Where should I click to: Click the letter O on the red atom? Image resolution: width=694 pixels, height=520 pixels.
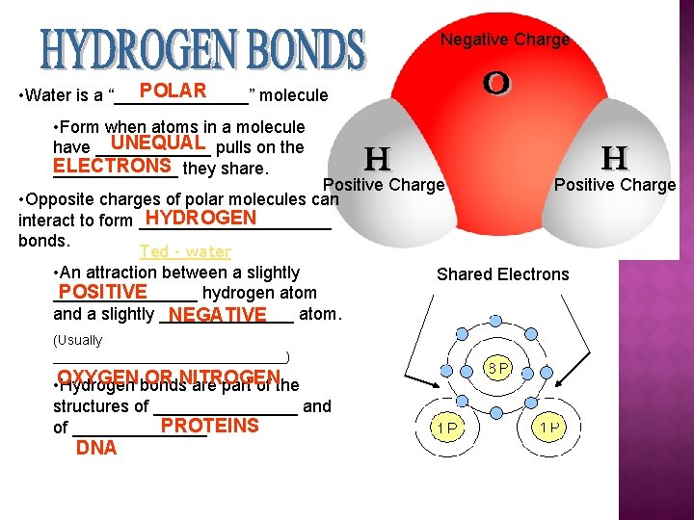pyautogui.click(x=496, y=84)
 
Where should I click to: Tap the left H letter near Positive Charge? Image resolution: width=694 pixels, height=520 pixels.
pyautogui.click(x=377, y=158)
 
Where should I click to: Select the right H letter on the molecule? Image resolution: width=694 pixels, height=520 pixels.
pyautogui.click(x=614, y=157)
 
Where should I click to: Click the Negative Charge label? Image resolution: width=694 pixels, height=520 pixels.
pyautogui.click(x=505, y=40)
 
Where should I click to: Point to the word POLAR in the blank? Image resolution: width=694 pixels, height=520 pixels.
pyautogui.click(x=173, y=91)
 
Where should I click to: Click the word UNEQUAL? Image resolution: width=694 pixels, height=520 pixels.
pyautogui.click(x=157, y=143)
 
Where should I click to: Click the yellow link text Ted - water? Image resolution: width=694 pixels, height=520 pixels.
pyautogui.click(x=185, y=251)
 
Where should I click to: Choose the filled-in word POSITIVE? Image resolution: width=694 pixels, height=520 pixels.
pyautogui.click(x=102, y=292)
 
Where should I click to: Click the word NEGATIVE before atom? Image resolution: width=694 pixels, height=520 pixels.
pyautogui.click(x=216, y=315)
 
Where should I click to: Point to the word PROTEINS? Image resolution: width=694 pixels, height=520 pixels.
pyautogui.click(x=209, y=426)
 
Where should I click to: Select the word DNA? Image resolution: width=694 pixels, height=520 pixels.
pyautogui.click(x=96, y=448)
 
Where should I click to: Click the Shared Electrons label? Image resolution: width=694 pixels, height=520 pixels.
pyautogui.click(x=502, y=274)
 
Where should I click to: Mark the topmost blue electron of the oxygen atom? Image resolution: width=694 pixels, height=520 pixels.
pyautogui.click(x=494, y=319)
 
